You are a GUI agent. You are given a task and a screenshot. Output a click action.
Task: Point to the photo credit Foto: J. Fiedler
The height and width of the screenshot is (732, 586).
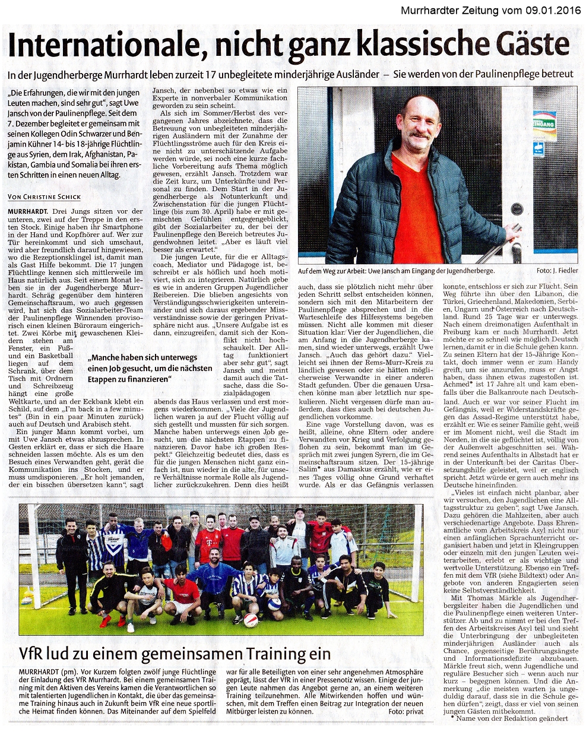click(x=556, y=270)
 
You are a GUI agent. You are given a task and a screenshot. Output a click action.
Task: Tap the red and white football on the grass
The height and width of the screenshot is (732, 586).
click(x=251, y=620)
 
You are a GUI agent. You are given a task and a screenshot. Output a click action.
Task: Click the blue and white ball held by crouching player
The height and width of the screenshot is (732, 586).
click(x=274, y=604)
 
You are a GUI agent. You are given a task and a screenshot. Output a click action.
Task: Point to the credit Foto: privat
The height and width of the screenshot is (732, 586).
click(x=406, y=711)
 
